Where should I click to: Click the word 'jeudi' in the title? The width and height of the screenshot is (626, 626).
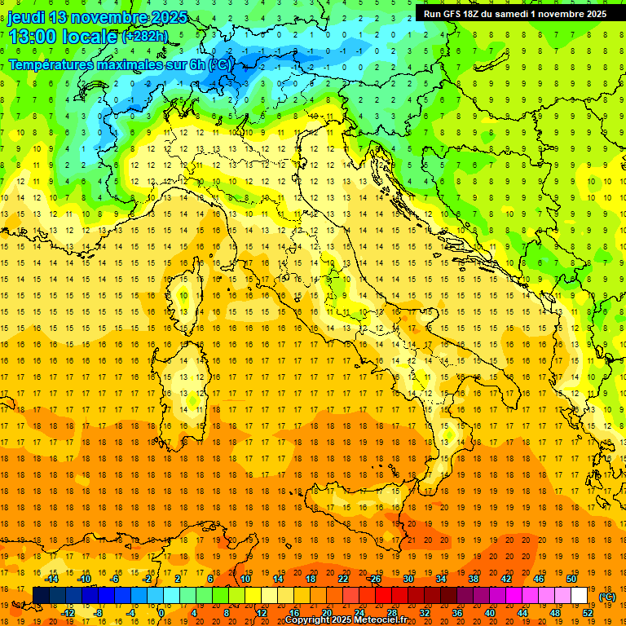tap(25, 17)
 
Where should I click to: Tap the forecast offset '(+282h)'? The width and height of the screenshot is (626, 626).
tap(146, 37)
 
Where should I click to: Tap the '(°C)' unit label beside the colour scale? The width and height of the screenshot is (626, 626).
tap(607, 597)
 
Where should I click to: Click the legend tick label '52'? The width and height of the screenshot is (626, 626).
tap(588, 613)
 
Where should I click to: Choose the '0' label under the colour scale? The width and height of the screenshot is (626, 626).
tap(161, 613)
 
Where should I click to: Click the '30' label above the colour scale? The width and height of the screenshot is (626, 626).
tap(408, 579)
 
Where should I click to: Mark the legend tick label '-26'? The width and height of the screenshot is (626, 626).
tap(374, 579)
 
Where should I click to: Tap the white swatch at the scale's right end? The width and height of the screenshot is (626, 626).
tap(580, 596)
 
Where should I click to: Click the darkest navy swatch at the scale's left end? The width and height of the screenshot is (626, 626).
tap(41, 596)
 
